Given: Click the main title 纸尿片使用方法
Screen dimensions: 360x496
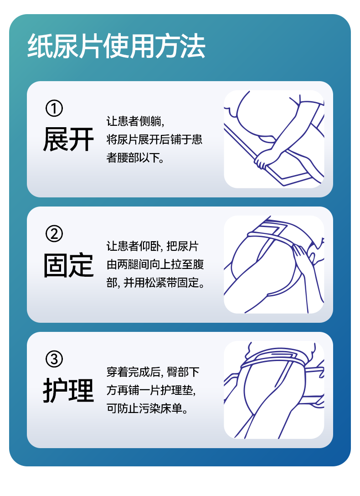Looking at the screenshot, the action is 116,46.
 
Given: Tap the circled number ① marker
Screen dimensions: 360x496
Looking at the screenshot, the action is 54,108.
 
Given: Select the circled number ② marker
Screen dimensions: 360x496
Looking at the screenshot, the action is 54,234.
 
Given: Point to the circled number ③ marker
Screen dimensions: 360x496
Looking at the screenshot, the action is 54,359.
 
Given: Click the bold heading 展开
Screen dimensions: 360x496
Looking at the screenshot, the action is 69,139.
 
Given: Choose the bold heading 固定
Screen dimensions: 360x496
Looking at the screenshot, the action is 69,265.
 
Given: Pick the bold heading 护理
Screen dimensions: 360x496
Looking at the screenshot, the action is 69,390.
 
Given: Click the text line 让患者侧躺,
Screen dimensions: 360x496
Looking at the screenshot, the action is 135,121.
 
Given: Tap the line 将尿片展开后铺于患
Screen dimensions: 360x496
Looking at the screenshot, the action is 154,139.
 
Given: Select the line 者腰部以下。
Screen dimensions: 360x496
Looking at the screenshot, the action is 135,158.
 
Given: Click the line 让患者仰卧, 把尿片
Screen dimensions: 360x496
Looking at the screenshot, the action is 153,246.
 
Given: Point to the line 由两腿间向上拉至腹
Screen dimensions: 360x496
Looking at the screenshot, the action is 155,264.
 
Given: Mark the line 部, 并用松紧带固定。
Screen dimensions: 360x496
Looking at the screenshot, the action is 155,283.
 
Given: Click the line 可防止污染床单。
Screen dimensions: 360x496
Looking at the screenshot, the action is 148,408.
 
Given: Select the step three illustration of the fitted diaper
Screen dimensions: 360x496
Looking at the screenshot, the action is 274,390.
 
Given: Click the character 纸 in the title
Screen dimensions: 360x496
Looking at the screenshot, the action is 40,46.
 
